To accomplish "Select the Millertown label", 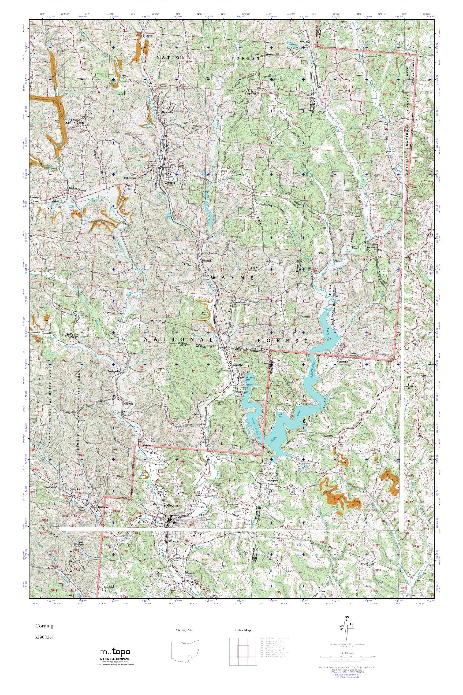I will point(130,179).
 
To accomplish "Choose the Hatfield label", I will point(207,261).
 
